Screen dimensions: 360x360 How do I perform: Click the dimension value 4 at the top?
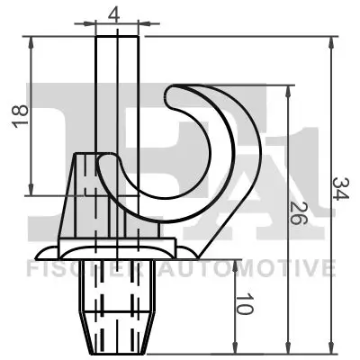(x=113, y=13)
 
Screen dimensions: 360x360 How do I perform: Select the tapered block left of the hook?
(x=85, y=193)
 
